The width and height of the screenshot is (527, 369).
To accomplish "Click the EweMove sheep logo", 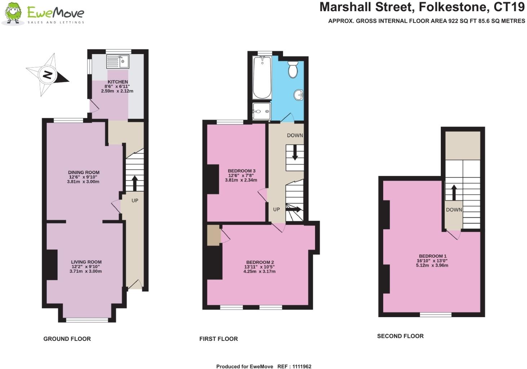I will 13,14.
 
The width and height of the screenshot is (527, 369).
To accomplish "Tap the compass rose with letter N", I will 47,75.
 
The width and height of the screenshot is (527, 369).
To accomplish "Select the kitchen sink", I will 118,61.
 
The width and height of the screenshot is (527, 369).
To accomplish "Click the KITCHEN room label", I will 118,82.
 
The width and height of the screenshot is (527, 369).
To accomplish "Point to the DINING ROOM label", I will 84,172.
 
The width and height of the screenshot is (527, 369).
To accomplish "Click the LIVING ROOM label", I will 86,262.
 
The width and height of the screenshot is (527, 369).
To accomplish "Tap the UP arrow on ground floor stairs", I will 135,183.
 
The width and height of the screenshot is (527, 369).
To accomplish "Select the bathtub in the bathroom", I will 262,78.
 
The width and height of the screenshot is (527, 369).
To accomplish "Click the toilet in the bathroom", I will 293,70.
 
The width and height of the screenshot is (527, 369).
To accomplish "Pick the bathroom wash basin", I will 299,95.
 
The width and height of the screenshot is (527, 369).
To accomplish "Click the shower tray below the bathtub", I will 261,111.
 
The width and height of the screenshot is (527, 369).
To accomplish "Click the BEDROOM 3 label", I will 242,171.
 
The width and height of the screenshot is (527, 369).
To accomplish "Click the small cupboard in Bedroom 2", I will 214,235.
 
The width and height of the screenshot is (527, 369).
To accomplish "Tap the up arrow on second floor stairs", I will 454,192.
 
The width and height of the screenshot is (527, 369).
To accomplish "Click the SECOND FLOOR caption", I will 400,336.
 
